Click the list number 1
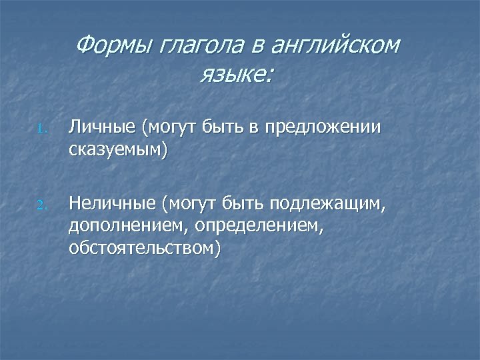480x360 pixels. pos(41,129)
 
